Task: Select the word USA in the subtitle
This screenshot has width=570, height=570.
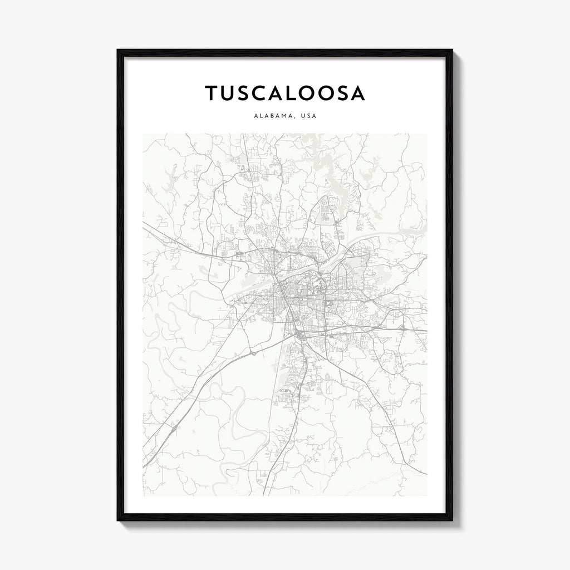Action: (308, 117)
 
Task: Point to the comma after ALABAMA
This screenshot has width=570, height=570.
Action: (293, 119)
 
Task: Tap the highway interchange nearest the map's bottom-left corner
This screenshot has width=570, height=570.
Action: (174, 428)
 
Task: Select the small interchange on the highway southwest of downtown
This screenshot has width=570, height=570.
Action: (254, 352)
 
